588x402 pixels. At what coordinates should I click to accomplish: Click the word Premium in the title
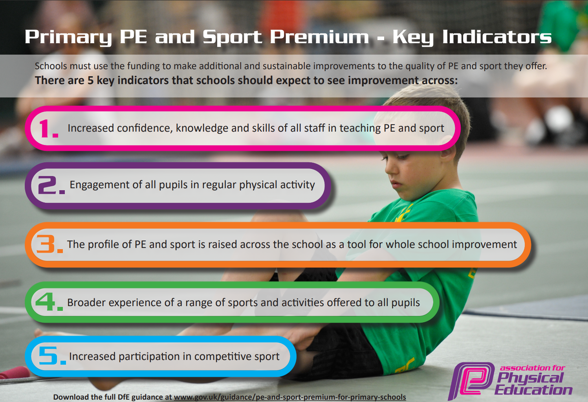tap(319, 37)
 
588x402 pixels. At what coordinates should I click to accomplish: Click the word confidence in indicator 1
tap(145, 128)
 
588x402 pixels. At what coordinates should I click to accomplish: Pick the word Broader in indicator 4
tap(86, 303)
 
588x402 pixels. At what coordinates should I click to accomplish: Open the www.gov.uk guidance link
tap(290, 397)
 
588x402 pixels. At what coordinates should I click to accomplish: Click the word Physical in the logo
tap(530, 378)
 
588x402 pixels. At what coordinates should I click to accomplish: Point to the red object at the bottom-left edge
tap(15, 373)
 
